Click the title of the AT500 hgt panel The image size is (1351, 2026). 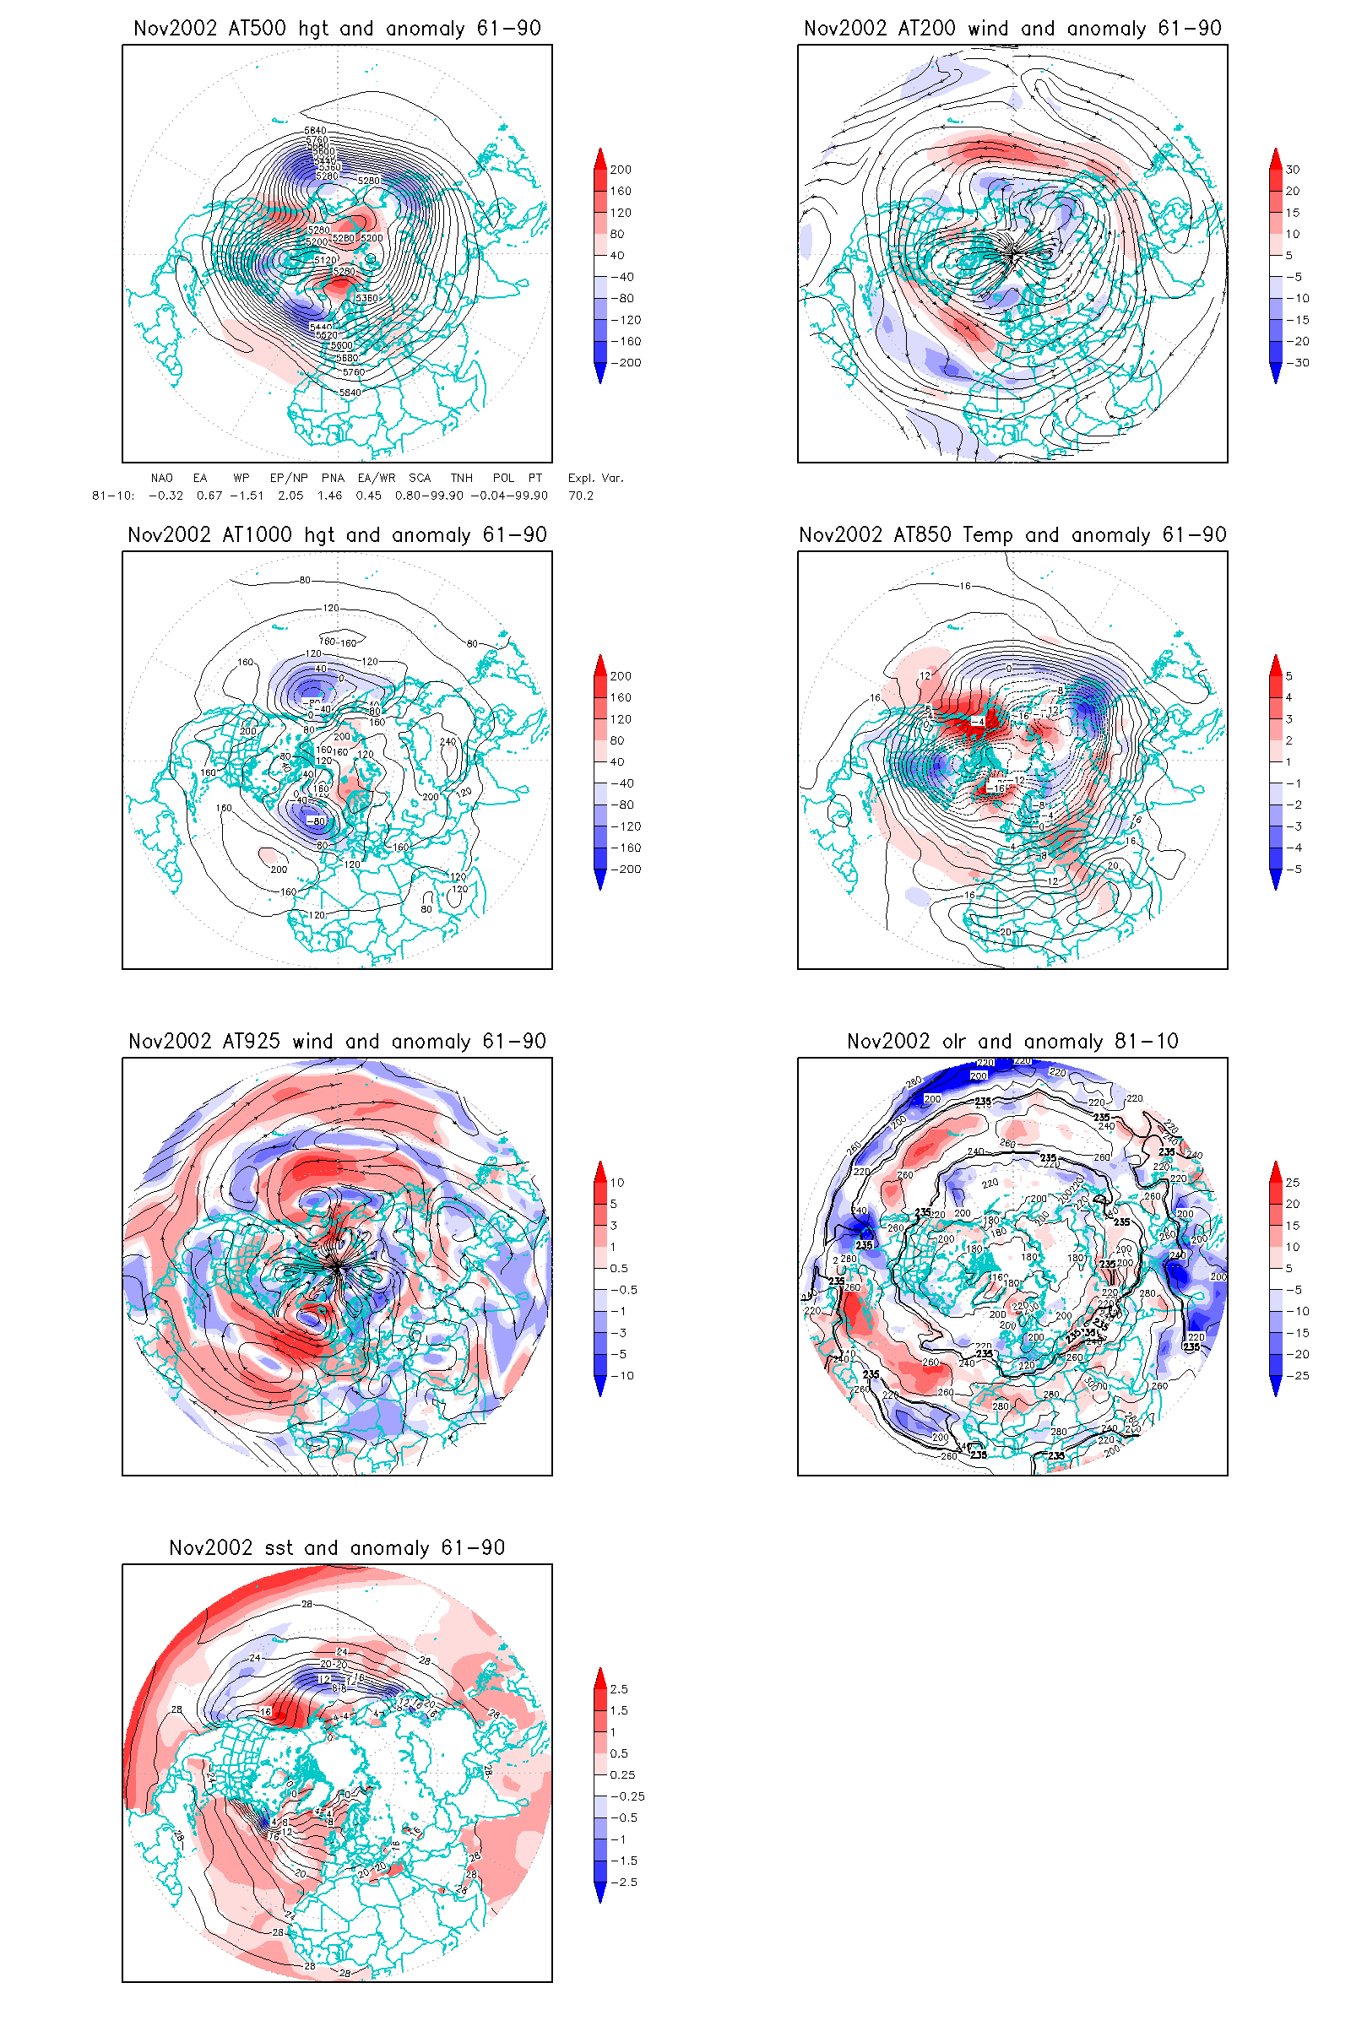tap(337, 29)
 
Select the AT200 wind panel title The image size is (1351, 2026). tap(1012, 29)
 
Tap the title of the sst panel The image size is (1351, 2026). tap(337, 1548)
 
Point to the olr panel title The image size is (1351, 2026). tap(1012, 1042)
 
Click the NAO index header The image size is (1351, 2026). tap(161, 478)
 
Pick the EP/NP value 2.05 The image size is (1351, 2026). tap(290, 496)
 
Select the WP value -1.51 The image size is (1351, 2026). tap(247, 496)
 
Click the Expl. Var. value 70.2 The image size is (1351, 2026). tap(581, 496)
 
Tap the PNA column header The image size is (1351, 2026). tap(333, 478)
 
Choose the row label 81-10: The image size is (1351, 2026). tap(113, 496)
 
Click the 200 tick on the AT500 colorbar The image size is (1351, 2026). tap(621, 170)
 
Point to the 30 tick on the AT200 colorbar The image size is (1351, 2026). tap(1293, 170)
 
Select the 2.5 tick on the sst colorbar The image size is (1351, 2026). tap(619, 1689)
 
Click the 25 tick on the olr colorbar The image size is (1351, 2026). tap(1293, 1183)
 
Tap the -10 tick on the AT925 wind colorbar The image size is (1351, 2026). tap(622, 1376)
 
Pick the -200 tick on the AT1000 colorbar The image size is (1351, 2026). tap(626, 869)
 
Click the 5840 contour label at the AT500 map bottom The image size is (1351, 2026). tap(350, 393)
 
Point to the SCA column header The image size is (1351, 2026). tap(420, 478)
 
